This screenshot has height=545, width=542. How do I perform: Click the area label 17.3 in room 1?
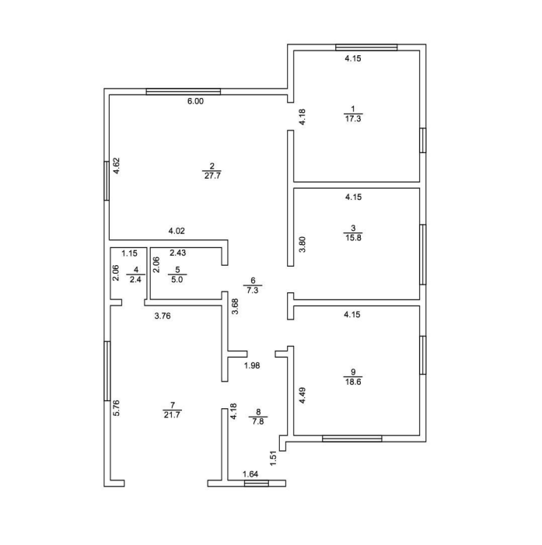click(353, 119)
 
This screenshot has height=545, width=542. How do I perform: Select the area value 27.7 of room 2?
click(212, 176)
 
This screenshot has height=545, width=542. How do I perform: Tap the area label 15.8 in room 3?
click(353, 238)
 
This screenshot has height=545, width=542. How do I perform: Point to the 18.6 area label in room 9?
click(353, 382)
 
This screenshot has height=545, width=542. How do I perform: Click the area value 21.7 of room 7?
click(172, 414)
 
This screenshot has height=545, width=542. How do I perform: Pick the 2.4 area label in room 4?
click(135, 279)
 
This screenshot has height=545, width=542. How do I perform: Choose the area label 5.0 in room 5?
click(177, 279)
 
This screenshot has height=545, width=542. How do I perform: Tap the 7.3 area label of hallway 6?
click(253, 290)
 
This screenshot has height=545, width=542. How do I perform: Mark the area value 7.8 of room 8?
click(258, 421)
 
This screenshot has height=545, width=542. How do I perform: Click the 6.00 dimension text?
click(195, 101)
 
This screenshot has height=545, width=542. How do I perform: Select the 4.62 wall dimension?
click(117, 166)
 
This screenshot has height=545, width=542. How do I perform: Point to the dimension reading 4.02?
click(177, 231)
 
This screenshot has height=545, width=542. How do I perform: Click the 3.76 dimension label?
click(163, 316)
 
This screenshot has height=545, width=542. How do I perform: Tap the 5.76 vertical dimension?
click(117, 408)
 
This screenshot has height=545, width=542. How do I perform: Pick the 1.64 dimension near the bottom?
click(250, 474)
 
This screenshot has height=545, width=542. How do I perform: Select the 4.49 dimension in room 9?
click(302, 396)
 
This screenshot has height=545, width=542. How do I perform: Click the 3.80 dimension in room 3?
click(302, 244)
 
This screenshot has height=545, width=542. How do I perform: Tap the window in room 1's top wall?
click(366, 47)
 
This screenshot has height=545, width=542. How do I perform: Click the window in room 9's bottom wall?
click(351, 438)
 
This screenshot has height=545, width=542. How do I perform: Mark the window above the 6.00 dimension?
click(184, 92)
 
